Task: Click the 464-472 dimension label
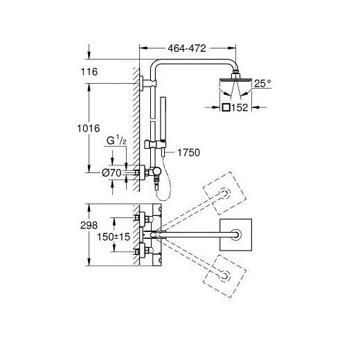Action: coord(187,48)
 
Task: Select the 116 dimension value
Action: coord(89,72)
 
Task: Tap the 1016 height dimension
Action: coord(89,128)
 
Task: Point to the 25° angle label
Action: coord(262,83)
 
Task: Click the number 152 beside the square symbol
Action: coord(240,107)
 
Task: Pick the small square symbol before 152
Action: coord(226,107)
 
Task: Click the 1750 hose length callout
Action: coord(188,152)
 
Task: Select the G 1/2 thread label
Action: coord(116,141)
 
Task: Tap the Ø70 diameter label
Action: coord(111,172)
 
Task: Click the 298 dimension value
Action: coord(89,225)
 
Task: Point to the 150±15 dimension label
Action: coord(114,237)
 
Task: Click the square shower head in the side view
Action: coord(235,81)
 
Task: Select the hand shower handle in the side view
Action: coord(163,119)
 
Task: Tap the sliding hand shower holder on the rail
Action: coord(153,145)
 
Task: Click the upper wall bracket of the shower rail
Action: coord(147,83)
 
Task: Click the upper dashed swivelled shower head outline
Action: coord(224,193)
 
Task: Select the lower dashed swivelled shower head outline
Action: coord(224,276)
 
